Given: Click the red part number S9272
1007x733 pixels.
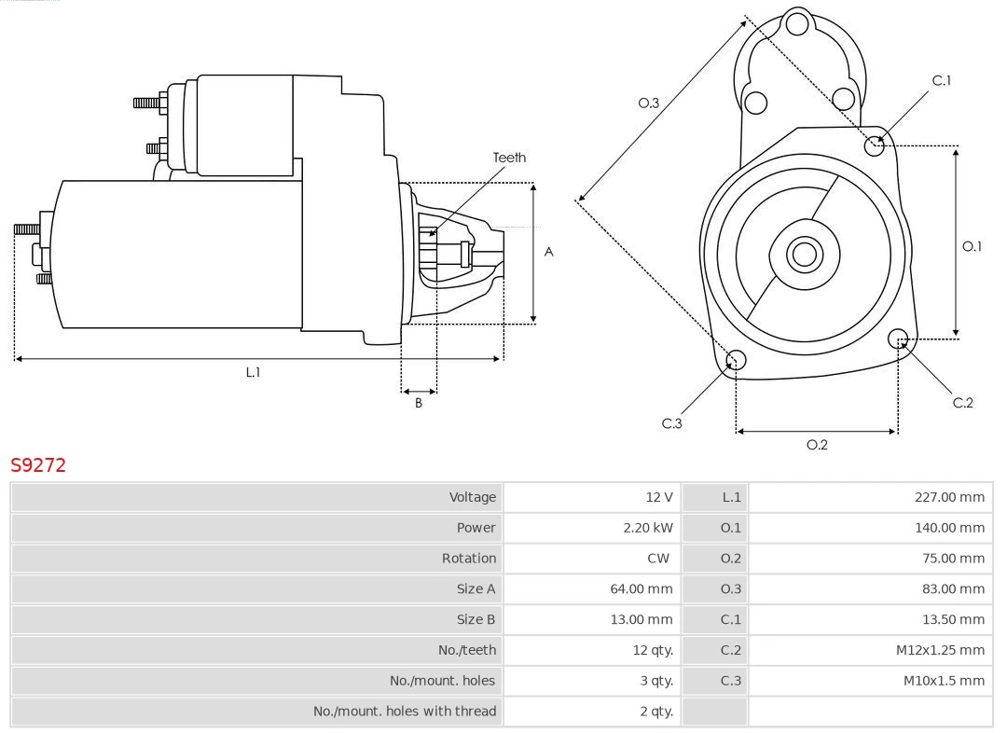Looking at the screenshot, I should pos(38,465).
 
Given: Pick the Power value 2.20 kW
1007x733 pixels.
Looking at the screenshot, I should pos(647,528).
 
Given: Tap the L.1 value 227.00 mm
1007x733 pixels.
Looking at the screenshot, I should pos(949,497).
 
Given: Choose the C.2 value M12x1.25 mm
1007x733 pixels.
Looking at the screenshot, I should pos(940,650).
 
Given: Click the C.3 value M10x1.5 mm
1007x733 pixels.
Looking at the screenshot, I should pos(944,681).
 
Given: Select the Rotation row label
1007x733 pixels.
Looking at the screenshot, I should pos(469,559).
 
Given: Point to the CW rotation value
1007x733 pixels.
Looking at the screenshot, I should pos(658,559).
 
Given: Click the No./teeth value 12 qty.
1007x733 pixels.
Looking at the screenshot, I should pos(652,650).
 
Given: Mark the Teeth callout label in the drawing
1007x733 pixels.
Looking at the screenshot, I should pos(509,158).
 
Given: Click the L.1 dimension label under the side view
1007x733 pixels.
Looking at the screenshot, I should pos(253,372).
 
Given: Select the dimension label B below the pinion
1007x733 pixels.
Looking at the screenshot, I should pos(419,404).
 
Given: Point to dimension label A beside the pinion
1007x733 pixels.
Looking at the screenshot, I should pos(549,252).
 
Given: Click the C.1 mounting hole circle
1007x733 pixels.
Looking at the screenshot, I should pos(875,145).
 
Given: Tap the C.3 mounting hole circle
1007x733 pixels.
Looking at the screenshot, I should pos(736,361).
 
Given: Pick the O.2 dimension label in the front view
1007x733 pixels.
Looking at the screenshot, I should pos(817,445).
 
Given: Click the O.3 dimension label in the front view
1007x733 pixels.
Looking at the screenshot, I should pos(649,104).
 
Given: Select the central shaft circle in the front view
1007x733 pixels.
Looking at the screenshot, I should pos(803,254).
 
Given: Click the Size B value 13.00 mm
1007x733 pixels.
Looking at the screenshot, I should pos(647,619).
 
